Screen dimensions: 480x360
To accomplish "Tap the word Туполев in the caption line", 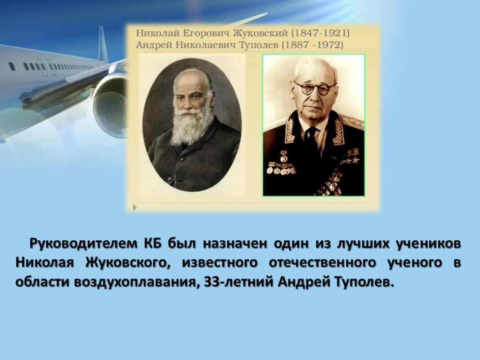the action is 258,45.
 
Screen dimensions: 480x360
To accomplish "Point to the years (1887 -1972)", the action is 313,45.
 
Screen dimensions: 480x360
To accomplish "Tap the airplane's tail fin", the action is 103,45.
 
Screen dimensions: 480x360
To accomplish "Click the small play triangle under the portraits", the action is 135,208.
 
